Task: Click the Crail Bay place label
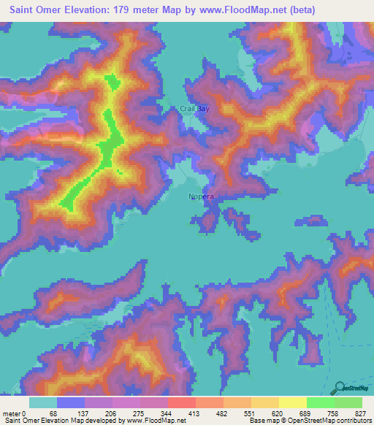194,109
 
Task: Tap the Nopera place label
201,196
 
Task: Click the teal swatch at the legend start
43,402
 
